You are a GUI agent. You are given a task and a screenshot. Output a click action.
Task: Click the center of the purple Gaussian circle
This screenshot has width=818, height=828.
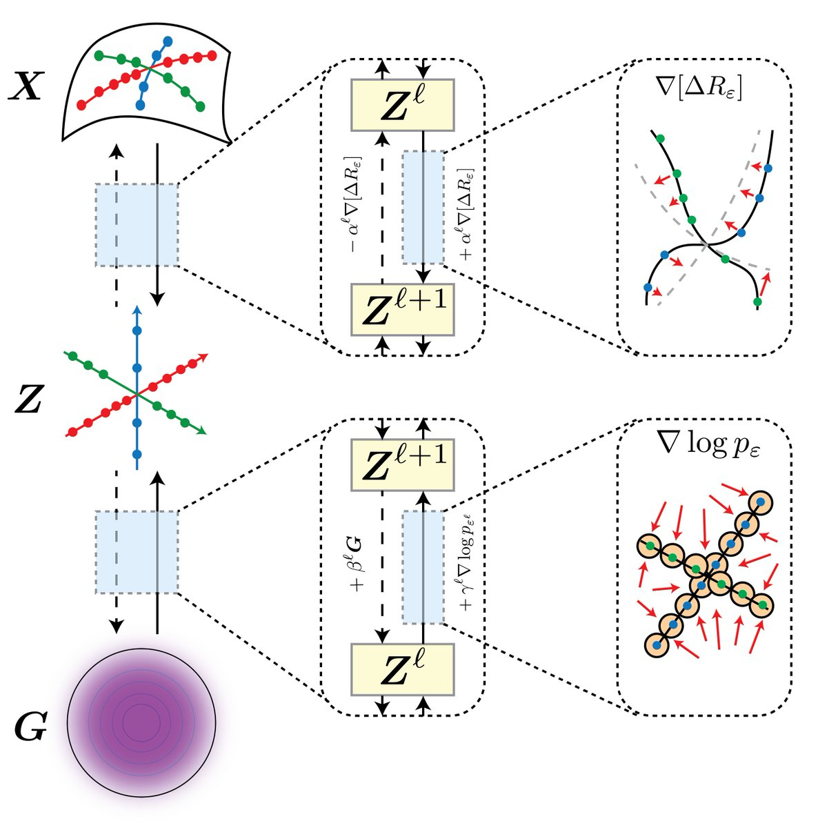point(141,722)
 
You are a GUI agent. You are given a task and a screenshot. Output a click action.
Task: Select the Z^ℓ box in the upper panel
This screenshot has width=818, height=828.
point(403,104)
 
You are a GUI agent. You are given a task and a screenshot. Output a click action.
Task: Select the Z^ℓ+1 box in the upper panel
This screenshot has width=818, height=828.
point(403,309)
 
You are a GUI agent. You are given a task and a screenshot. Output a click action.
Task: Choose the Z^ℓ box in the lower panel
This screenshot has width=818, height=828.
point(403,669)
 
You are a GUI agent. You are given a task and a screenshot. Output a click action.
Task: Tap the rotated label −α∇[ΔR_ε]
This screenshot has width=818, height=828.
point(359,207)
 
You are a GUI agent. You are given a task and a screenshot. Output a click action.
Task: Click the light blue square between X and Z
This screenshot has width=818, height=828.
point(137,224)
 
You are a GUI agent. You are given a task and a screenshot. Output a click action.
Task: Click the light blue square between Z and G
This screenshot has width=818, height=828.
point(137,551)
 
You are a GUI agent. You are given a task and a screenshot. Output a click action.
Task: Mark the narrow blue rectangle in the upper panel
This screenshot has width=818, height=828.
point(423,207)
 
